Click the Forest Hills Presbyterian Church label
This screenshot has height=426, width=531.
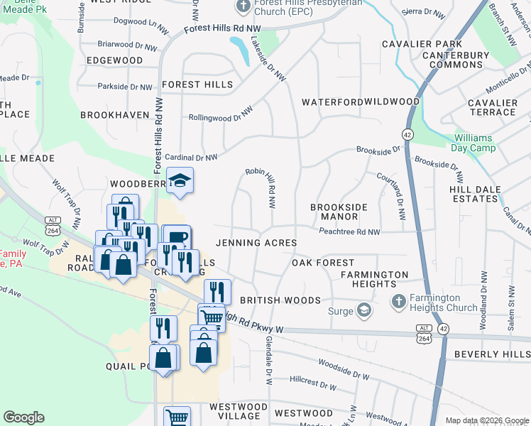[301, 7]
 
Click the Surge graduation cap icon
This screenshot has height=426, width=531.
[364, 310]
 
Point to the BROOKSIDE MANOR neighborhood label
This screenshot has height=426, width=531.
[339, 212]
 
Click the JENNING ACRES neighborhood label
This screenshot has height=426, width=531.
[256, 243]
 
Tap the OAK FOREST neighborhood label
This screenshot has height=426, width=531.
[323, 263]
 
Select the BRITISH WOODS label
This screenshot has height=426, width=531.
[280, 300]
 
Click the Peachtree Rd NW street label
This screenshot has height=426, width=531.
[349, 231]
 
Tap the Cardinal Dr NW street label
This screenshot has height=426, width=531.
[190, 158]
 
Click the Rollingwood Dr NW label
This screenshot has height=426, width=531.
[221, 118]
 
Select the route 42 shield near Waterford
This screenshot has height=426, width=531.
[407, 134]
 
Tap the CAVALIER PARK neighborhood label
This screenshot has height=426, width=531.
[422, 44]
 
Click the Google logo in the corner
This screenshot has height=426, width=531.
[23, 417]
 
